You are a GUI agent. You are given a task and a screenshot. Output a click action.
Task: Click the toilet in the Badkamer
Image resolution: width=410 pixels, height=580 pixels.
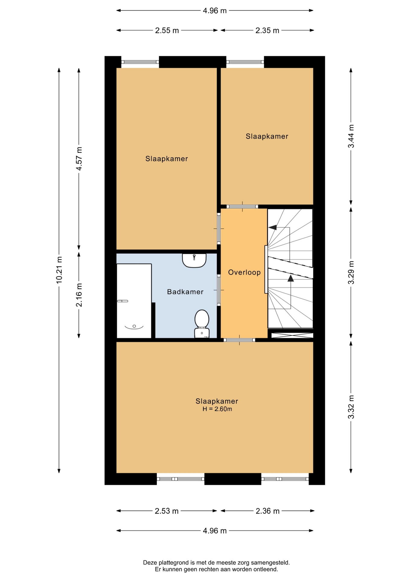tap(202, 324)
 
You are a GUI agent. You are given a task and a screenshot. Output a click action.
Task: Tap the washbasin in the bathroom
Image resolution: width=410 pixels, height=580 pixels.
tap(194, 260)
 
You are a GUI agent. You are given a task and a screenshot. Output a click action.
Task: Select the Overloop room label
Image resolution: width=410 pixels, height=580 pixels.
tap(244, 272)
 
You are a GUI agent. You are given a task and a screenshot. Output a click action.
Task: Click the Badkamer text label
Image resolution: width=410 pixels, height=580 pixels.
tap(185, 292)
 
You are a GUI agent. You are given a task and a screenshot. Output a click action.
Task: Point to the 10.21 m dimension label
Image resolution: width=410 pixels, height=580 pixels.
tap(59, 270)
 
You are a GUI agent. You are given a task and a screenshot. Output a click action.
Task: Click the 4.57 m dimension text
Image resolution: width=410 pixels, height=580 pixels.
tap(79, 159)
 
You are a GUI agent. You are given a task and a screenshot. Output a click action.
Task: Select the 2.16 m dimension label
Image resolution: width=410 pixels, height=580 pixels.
tap(79, 295)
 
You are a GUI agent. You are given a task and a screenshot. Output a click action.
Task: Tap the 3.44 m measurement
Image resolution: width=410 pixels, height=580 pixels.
tap(351, 136)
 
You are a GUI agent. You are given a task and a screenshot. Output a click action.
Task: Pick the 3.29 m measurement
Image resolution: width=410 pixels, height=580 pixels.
tap(351, 272)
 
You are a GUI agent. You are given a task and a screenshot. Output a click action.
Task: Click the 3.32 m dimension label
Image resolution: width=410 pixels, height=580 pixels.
tap(351, 407)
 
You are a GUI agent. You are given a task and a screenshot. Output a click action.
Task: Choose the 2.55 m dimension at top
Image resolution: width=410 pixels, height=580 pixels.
tap(167, 31)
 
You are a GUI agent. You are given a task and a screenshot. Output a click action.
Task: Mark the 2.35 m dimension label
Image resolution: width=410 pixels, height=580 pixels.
tap(267, 31)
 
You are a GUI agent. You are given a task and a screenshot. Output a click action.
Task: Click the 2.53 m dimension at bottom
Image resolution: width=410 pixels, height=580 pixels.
tap(167, 511)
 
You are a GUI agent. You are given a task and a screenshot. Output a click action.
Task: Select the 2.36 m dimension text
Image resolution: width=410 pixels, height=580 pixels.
tap(267, 511)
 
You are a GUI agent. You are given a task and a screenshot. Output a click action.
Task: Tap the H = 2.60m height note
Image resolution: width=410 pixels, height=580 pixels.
tap(217, 409)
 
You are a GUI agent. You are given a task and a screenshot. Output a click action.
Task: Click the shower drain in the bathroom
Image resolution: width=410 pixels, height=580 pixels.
tap(134, 326)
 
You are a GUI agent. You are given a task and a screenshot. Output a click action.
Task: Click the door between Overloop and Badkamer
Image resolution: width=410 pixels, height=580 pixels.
tap(219, 290)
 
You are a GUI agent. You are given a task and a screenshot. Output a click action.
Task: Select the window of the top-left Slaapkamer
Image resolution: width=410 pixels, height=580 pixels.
tap(140, 62)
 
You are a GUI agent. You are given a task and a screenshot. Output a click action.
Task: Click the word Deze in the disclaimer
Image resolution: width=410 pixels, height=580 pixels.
tap(150, 562)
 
